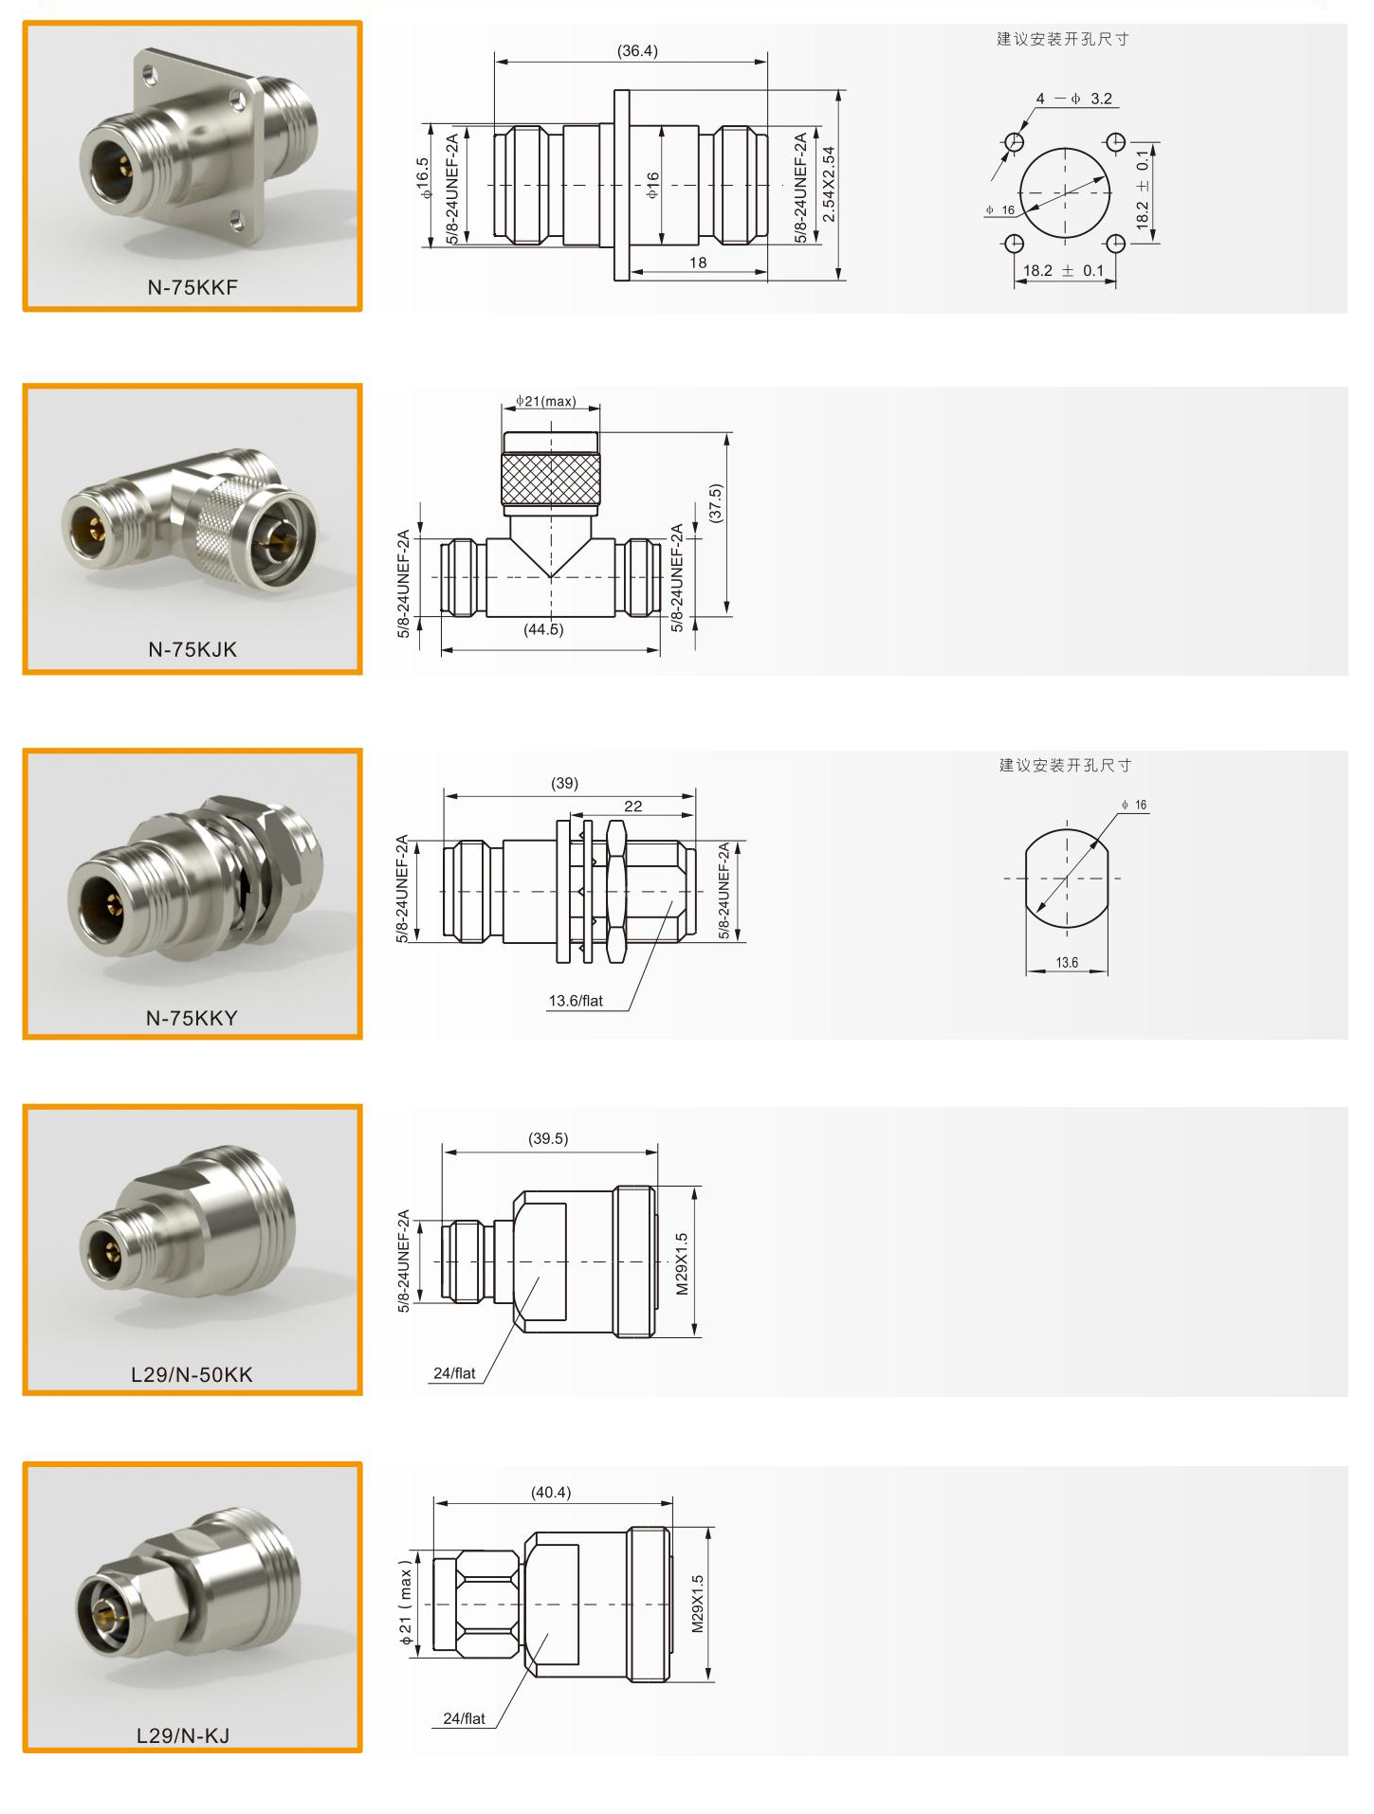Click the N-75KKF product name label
192,287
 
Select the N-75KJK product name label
192,649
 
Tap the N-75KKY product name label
192,1018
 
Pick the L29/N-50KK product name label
192,1374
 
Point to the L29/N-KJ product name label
183,1735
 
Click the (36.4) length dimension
637,50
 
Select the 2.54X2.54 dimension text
829,184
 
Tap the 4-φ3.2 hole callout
1074,99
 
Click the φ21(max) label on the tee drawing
546,401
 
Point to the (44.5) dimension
543,629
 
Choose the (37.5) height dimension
715,502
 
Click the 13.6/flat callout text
576,1001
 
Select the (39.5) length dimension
548,1138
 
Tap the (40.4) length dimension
551,1493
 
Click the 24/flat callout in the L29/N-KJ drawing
464,1718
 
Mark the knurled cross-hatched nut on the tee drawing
551,480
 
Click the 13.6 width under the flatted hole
1067,963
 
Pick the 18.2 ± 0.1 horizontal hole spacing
1064,271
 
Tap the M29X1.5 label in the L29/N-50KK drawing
682,1263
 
